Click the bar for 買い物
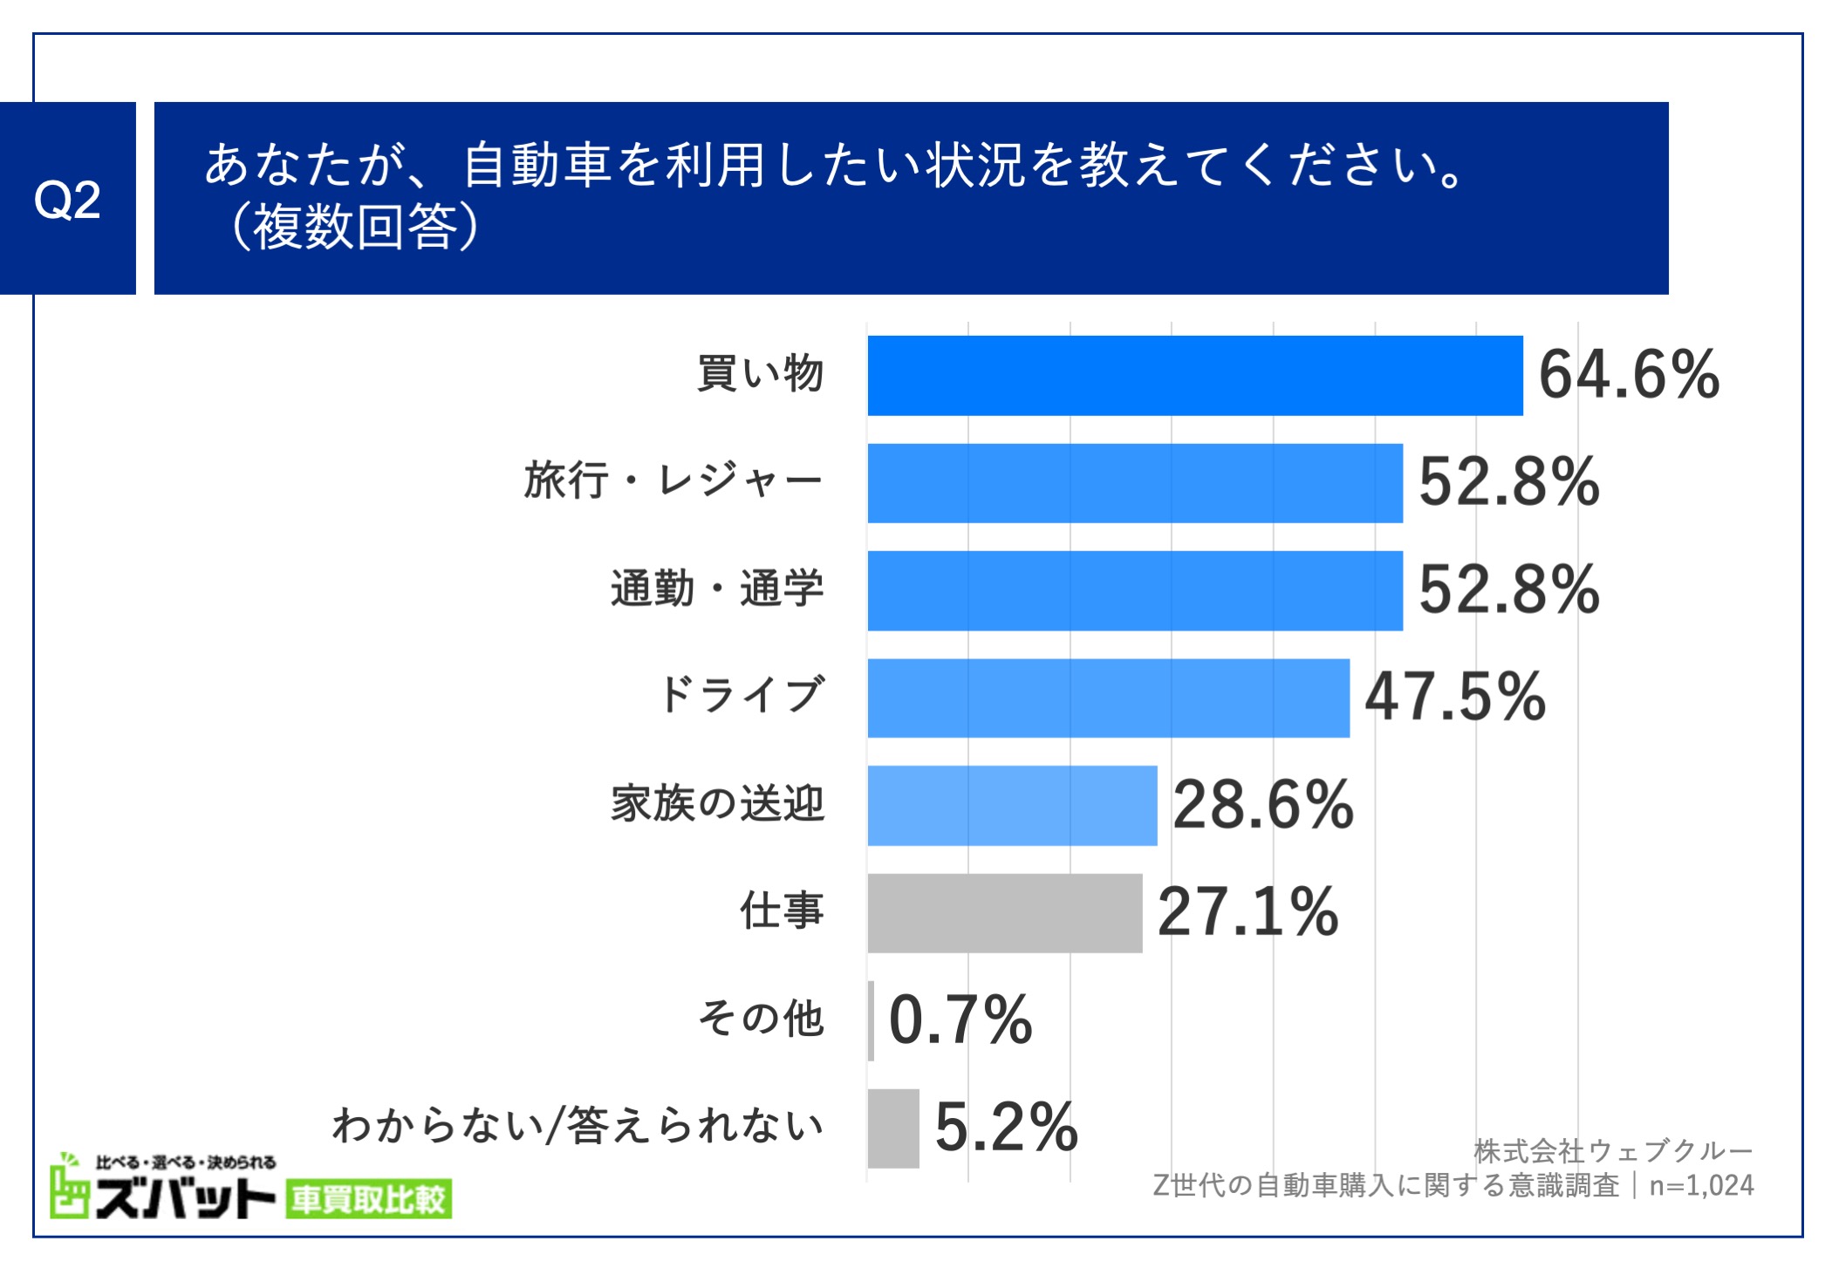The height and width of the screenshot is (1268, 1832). tap(1194, 375)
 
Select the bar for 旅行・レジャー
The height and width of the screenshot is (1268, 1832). tap(1134, 483)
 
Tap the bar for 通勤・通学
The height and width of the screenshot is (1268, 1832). tap(1134, 590)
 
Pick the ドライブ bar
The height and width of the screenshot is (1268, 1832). tap(1108, 698)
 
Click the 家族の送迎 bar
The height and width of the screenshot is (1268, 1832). tap(1012, 805)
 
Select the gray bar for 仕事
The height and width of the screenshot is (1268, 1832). tap(1004, 912)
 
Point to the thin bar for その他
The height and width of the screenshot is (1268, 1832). tap(871, 1020)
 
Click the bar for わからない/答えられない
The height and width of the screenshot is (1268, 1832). tap(893, 1128)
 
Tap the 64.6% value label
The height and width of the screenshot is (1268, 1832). tap(1629, 375)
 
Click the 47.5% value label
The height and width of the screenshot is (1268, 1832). tap(1454, 698)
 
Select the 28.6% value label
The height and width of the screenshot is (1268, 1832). tap(1262, 805)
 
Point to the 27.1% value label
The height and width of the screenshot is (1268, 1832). tap(1248, 912)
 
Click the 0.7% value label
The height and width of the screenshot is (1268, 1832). tap(960, 1020)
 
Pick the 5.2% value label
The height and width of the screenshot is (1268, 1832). tap(1006, 1128)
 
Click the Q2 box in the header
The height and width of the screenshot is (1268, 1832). tap(67, 199)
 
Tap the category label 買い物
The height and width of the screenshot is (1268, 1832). tap(760, 374)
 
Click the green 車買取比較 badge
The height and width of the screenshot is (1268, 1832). tap(367, 1200)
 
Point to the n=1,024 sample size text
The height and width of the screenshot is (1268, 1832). tap(1701, 1186)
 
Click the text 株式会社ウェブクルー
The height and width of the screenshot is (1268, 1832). tap(1613, 1151)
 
